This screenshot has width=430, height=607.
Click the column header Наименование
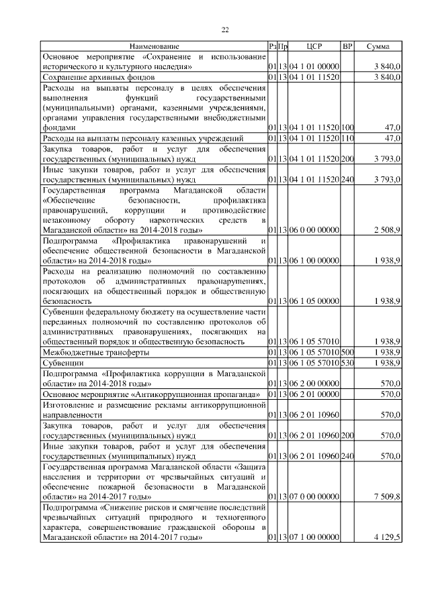(154, 46)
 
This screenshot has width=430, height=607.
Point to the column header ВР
(347, 46)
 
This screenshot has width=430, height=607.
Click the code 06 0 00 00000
(314, 230)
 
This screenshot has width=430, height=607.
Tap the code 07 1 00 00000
(314, 537)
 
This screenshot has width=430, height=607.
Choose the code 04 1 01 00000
(314, 67)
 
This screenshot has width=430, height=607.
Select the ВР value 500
(347, 352)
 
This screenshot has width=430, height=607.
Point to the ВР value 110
(347, 138)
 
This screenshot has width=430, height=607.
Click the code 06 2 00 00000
(314, 383)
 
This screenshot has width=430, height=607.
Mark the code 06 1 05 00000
(314, 302)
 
